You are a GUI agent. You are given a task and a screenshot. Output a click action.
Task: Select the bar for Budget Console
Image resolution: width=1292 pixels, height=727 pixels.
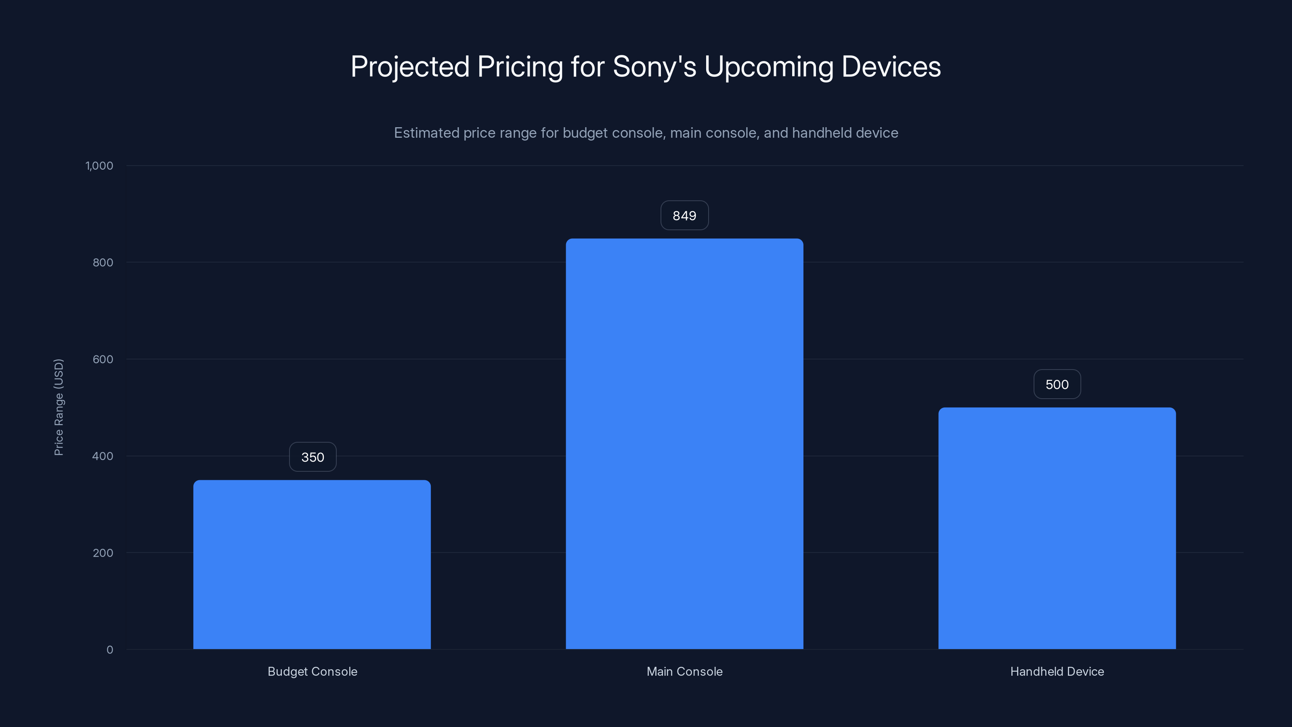tap(312, 565)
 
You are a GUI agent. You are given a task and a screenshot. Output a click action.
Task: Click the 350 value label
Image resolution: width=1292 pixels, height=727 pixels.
tap(313, 457)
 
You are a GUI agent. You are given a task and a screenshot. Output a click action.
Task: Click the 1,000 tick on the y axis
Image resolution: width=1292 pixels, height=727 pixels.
tap(99, 166)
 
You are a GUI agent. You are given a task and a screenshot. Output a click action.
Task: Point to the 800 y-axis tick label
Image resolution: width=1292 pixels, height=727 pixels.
tap(103, 263)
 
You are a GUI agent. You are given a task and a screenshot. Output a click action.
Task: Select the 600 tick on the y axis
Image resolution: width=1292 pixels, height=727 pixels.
tap(103, 359)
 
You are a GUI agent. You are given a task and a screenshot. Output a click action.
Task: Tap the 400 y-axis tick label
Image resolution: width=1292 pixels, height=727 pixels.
tap(103, 456)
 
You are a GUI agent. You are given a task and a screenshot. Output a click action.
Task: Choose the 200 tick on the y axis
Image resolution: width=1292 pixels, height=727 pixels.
tap(103, 553)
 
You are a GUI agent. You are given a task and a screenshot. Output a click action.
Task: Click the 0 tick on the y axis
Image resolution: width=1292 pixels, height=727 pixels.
tap(110, 650)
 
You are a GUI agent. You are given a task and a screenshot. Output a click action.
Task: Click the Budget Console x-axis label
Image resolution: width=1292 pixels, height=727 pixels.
tap(313, 671)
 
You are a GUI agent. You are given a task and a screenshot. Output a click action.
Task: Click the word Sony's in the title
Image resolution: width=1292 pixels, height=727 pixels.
tap(654, 67)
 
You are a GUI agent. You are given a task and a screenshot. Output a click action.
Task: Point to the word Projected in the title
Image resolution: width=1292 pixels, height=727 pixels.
tap(410, 67)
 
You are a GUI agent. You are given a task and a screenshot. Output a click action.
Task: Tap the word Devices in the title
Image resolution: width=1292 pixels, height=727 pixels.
tap(891, 67)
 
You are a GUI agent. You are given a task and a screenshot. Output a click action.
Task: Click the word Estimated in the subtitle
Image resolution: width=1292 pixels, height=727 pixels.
tap(426, 133)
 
